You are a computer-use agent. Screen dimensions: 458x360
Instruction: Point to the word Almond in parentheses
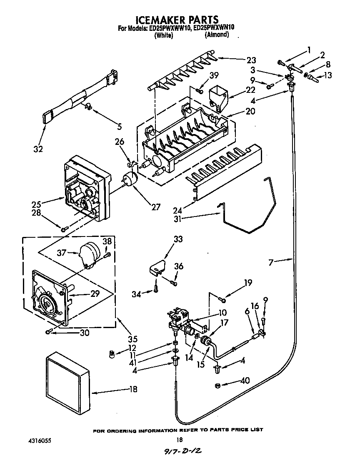(x=216, y=35)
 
